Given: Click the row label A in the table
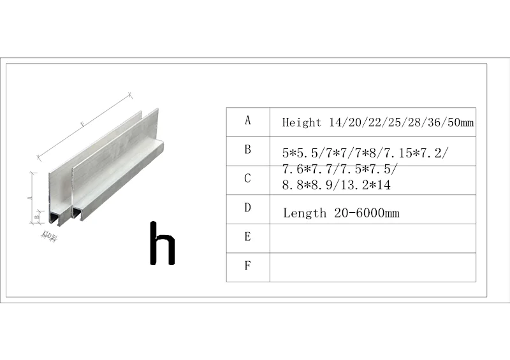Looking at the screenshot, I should click(x=248, y=120).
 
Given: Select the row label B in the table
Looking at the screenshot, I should click(x=248, y=150).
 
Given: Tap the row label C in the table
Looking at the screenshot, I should click(x=248, y=179).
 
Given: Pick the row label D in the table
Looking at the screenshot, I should click(x=248, y=208).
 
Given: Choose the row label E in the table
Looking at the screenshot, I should click(x=248, y=237).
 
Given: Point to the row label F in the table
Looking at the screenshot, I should click(x=248, y=266).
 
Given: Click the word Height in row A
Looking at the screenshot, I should click(x=303, y=122).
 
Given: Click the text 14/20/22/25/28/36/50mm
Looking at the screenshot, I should click(x=402, y=122).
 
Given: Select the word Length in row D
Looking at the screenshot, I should click(x=305, y=213).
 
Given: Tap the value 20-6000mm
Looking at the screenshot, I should click(x=367, y=213).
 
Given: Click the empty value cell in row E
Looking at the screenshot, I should click(x=372, y=238).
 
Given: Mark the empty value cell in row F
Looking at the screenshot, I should click(x=372, y=267).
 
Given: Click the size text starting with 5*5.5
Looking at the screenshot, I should click(x=365, y=153).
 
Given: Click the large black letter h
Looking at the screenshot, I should click(x=162, y=243).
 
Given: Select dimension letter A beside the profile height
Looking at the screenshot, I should click(x=31, y=198).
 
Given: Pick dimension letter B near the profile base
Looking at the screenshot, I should click(x=37, y=217).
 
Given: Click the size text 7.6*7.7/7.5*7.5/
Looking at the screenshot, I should click(x=340, y=169).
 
